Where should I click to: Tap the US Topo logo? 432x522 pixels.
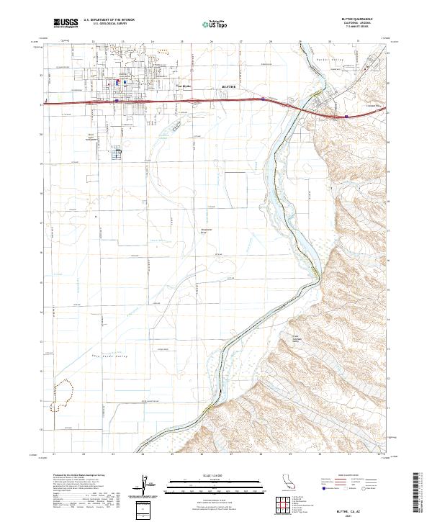click(x=207, y=23)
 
